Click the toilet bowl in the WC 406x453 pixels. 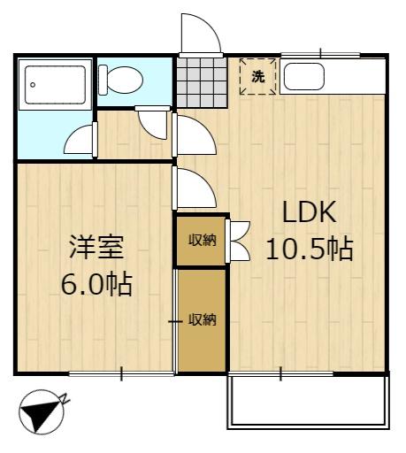click(125, 80)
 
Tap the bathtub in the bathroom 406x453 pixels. click(56, 85)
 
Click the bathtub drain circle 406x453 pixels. click(33, 85)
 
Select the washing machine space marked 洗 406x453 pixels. click(258, 77)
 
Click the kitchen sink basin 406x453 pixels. click(304, 76)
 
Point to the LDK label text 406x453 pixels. click(310, 211)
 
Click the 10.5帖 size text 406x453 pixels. click(310, 250)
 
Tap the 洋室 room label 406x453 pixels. click(96, 247)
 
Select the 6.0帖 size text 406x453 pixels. click(96, 285)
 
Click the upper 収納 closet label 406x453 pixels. click(203, 240)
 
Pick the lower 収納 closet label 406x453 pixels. click(203, 319)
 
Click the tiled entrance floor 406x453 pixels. click(202, 82)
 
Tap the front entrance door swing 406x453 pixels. click(201, 34)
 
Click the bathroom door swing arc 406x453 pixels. click(79, 139)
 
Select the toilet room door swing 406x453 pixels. click(153, 124)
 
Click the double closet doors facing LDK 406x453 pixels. click(240, 242)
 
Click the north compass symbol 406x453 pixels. click(42, 412)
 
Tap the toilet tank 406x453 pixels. click(103, 80)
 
